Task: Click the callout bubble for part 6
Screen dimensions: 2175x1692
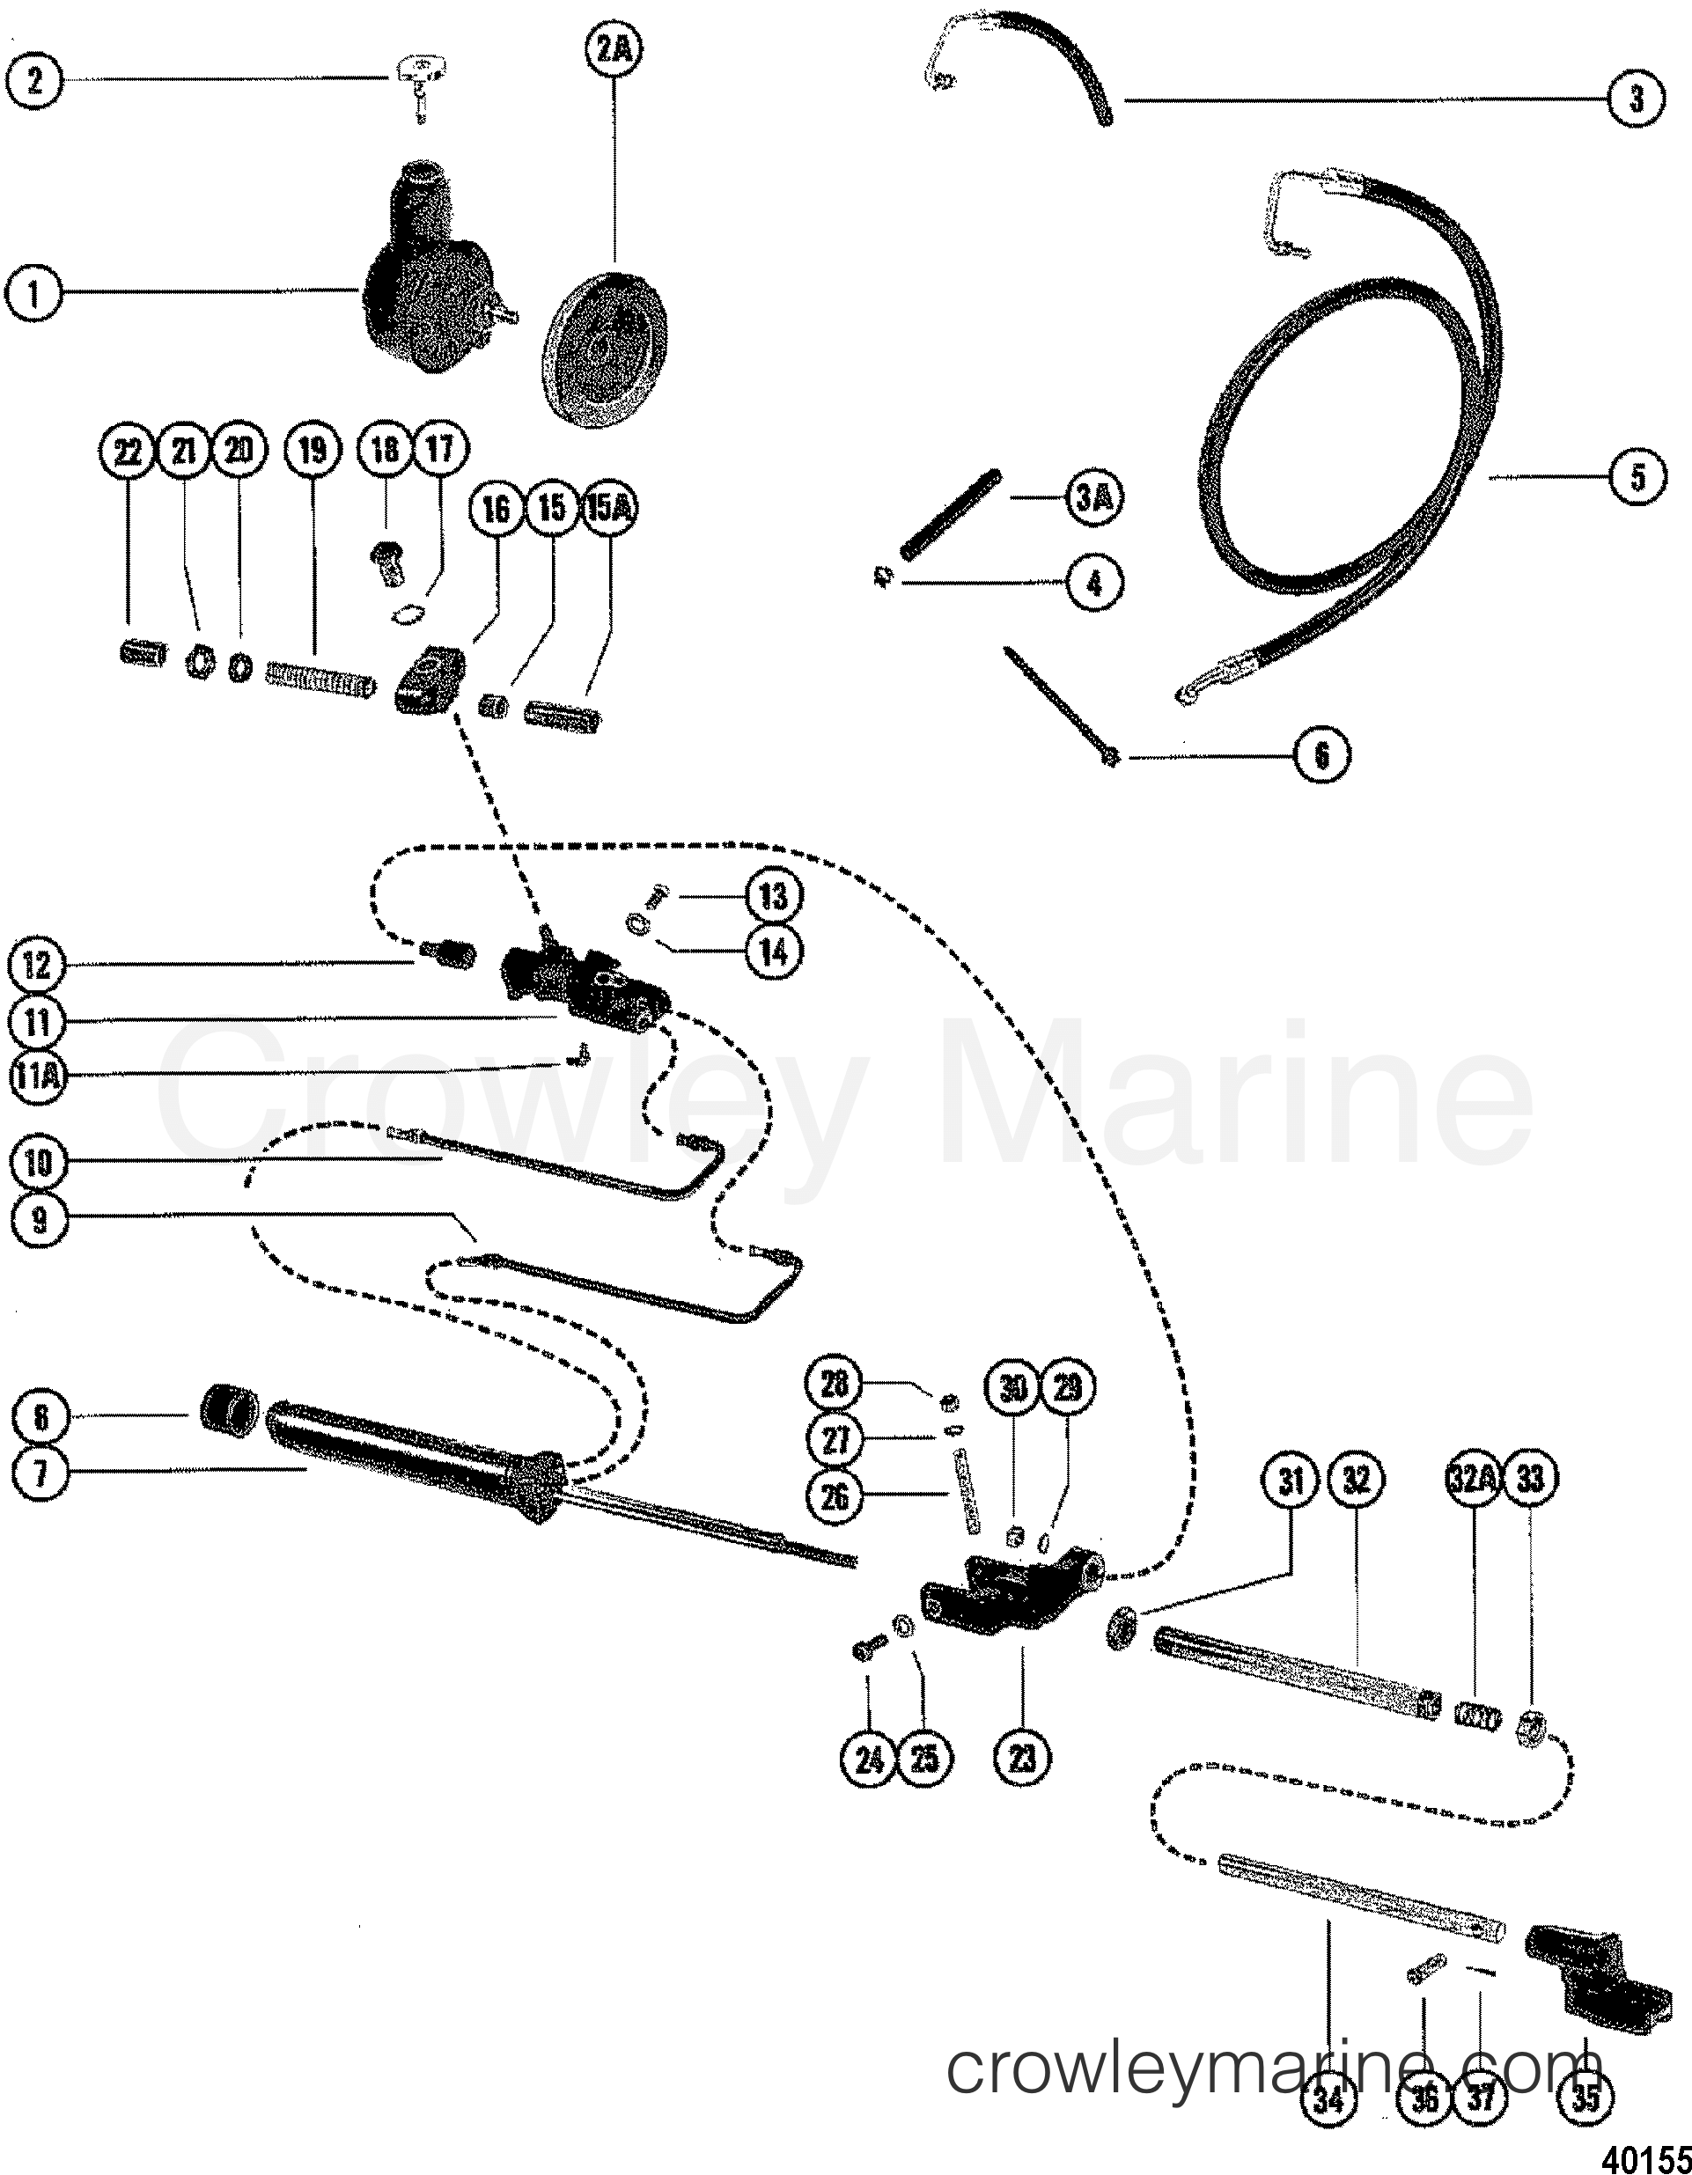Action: click(x=1321, y=756)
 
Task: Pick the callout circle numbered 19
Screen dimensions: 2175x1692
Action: click(x=312, y=452)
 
